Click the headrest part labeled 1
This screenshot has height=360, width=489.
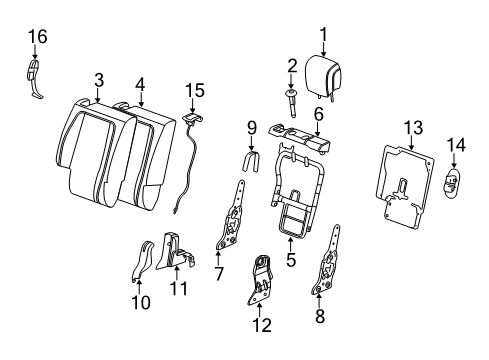point(324,76)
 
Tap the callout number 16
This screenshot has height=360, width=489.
point(38,37)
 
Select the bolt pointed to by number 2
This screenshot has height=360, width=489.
point(292,103)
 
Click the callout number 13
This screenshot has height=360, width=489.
point(413,128)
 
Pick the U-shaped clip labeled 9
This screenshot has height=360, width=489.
point(252,162)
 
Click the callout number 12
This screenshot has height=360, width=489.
point(262,325)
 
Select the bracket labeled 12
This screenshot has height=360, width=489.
point(260,279)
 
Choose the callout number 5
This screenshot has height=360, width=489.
point(291,260)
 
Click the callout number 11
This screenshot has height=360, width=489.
point(179,289)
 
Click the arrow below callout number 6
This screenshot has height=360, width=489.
point(318,129)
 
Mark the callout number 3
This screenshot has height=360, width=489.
point(99,80)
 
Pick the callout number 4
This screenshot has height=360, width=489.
point(140,85)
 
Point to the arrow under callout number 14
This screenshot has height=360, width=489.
point(453,161)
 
